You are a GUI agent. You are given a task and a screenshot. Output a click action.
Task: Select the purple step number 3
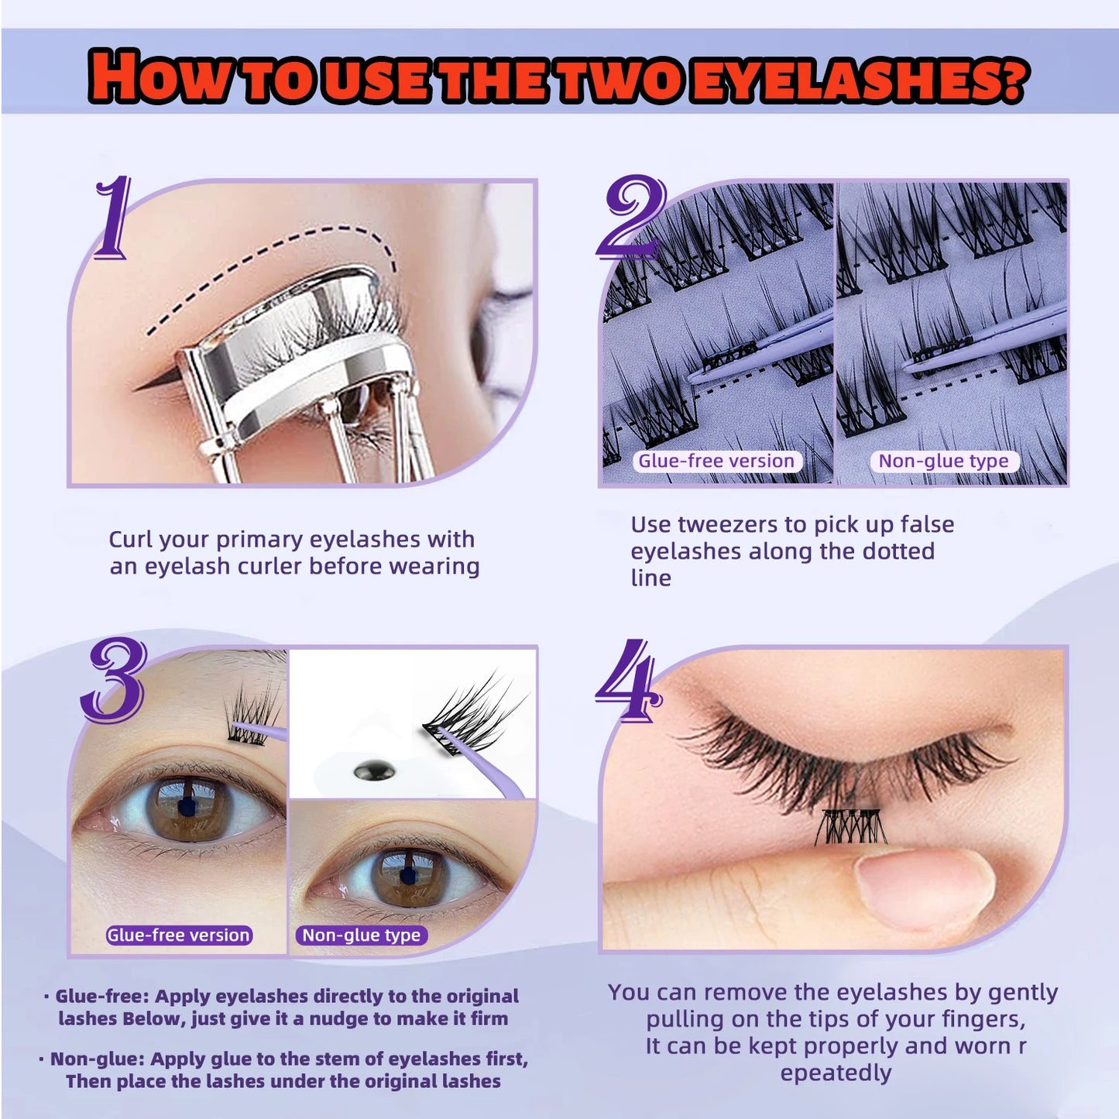115,681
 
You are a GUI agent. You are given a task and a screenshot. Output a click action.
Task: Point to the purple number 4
628,679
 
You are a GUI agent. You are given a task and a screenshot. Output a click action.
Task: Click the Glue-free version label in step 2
716,461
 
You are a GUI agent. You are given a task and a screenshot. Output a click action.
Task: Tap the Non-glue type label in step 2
943,461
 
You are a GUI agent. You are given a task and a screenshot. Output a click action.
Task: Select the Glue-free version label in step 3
179,935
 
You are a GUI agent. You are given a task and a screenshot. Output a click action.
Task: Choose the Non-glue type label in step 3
361,935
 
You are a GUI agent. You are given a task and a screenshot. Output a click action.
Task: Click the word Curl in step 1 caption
132,540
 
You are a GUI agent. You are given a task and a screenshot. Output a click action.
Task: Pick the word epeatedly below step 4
836,1073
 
